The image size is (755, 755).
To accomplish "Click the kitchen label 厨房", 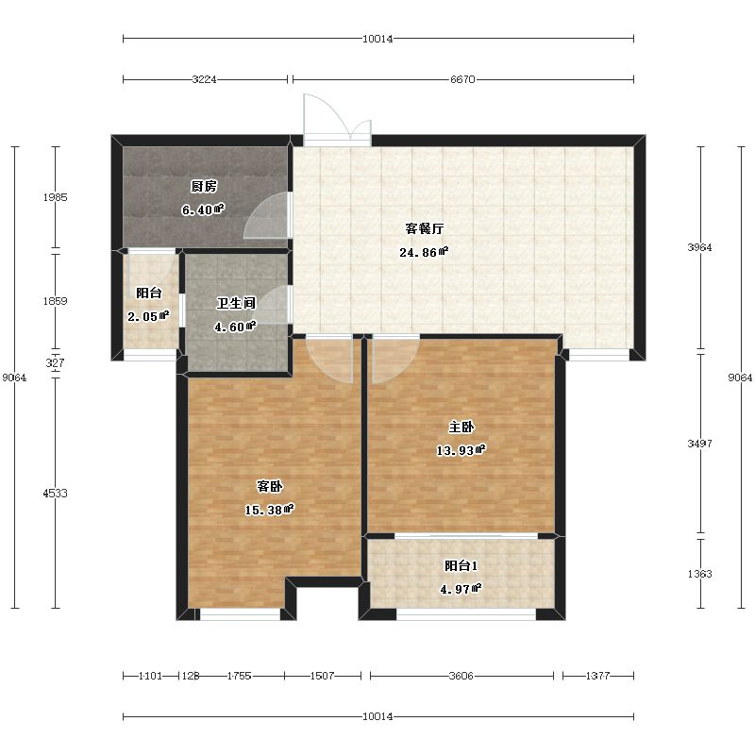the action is (204, 186).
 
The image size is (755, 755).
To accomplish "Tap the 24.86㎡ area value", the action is (424, 252).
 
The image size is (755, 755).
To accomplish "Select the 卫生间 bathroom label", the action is (236, 303).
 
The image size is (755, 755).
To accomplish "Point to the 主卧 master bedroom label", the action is (461, 428).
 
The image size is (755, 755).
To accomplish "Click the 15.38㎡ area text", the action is (269, 510).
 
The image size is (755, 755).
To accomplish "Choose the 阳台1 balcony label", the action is (461, 565).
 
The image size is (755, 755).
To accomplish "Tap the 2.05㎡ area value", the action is (148, 316).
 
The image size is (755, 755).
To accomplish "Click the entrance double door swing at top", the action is (337, 117).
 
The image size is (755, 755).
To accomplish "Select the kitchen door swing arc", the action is (266, 215).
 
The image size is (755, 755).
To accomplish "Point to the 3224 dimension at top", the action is (204, 79).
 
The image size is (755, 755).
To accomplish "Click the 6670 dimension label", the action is (462, 79).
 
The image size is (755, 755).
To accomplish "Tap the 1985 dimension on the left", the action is (56, 197).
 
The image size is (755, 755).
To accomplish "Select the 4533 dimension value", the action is (56, 493).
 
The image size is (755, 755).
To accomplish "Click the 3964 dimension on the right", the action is (699, 247).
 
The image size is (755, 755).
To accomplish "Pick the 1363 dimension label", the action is (699, 574).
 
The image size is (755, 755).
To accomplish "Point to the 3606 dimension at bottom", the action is (461, 676).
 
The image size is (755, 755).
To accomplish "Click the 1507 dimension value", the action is (322, 676).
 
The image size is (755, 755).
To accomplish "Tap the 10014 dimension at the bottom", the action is (378, 717).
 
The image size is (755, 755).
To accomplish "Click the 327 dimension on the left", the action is (56, 363).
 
